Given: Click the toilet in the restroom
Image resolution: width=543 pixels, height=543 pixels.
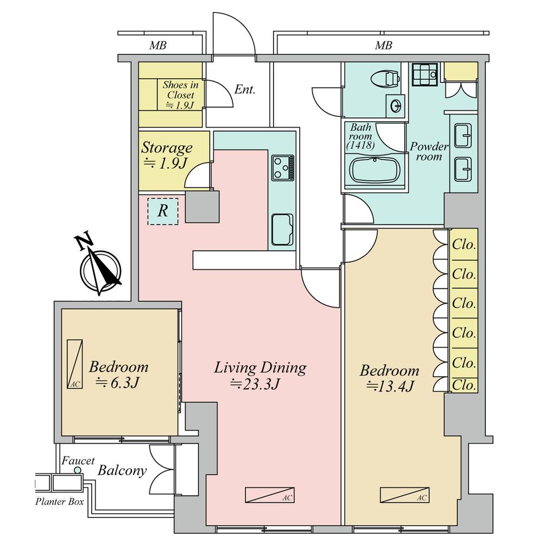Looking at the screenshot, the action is click(x=386, y=78).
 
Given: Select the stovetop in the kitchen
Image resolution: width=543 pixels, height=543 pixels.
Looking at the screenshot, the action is click(x=283, y=168).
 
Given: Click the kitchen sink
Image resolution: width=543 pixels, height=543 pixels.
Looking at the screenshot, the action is click(x=282, y=230).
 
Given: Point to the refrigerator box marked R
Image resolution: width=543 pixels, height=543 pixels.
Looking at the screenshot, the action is click(x=163, y=211).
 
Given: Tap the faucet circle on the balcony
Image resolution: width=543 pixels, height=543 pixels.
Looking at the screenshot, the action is click(x=78, y=470).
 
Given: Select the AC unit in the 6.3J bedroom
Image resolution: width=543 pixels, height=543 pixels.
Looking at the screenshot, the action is click(x=75, y=364).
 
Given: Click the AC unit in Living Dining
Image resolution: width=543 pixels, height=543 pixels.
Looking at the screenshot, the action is click(x=269, y=495).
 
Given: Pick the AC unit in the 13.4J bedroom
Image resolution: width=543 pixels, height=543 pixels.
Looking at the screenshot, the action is click(x=405, y=495).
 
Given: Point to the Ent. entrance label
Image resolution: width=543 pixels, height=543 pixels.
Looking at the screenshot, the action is click(x=245, y=90).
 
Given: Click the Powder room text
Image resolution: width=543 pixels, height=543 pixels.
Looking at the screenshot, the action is click(x=429, y=151).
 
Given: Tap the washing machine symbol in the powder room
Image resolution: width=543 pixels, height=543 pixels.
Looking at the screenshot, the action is click(x=425, y=74).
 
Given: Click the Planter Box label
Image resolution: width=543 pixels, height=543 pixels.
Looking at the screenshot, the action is click(x=59, y=501).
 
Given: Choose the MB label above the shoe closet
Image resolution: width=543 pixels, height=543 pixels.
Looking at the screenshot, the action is click(x=157, y=46).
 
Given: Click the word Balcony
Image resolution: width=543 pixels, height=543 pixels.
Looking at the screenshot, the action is click(x=122, y=471).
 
